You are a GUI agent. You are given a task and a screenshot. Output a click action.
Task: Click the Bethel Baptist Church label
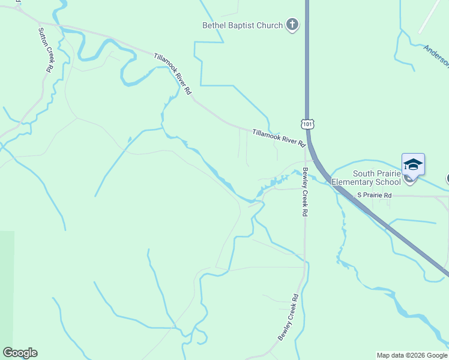click(242, 25)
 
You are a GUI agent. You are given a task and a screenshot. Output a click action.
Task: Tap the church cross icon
click(292, 25)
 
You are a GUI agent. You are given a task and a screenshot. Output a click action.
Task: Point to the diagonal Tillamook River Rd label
click(173, 73)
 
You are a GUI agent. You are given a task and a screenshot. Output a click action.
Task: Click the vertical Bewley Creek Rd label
click(305, 192)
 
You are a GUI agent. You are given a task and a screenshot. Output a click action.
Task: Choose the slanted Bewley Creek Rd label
click(288, 317)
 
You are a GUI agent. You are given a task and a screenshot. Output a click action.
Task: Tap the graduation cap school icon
click(413, 164)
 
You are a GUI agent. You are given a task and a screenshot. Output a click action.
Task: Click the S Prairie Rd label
click(374, 195)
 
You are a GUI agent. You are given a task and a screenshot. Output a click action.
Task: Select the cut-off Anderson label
click(436, 55)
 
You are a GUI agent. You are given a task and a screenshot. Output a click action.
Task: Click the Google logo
click(20, 353)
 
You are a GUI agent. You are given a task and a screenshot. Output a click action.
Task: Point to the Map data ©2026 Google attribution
click(412, 356)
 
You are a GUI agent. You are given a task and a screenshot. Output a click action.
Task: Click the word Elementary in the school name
click(354, 182)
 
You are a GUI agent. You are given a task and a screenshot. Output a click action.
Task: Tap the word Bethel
click(214, 25)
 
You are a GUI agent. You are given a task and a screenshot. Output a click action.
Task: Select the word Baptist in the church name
click(241, 25)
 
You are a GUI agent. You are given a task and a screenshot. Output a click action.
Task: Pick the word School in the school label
click(388, 182)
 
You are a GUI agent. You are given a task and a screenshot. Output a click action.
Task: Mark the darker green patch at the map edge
click(7, 288)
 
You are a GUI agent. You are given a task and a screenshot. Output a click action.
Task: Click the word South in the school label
click(365, 173)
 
